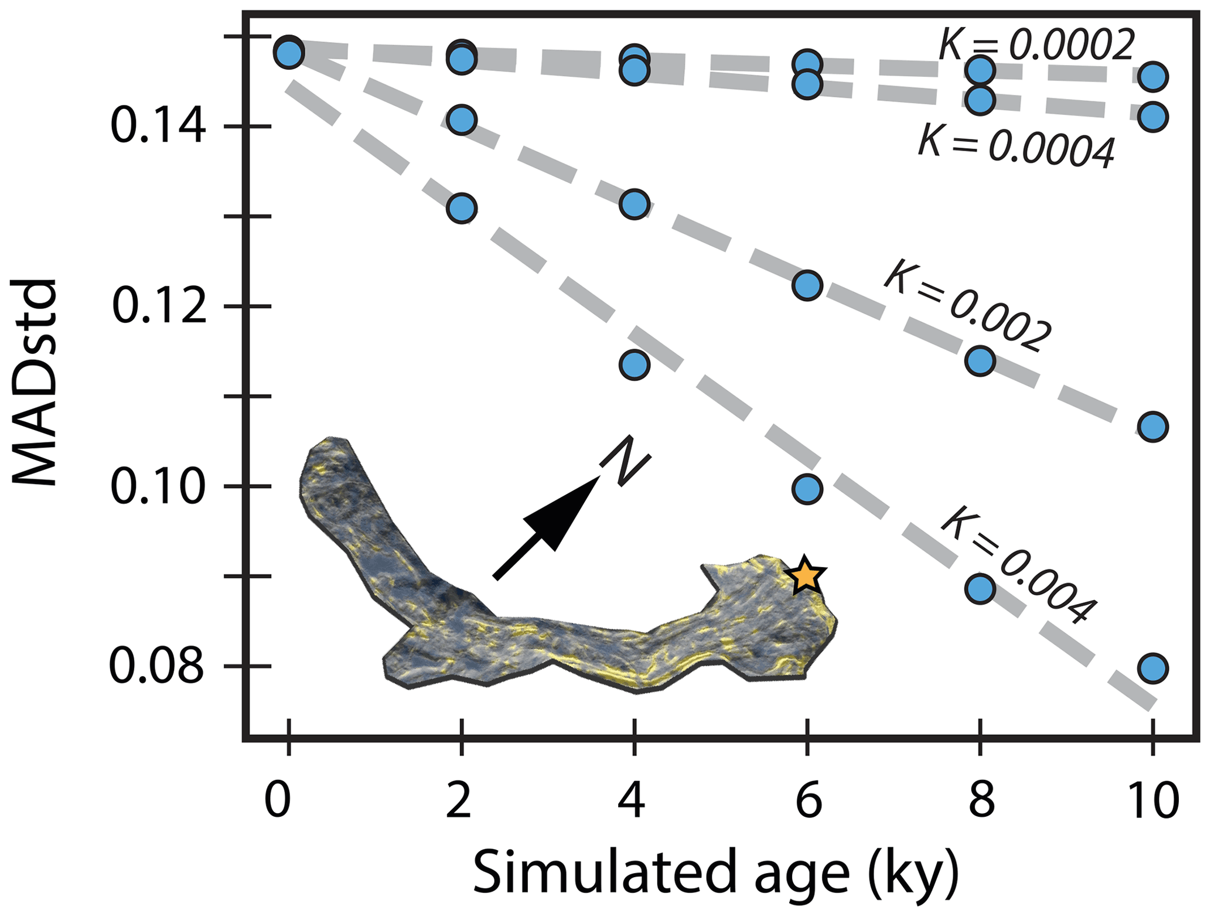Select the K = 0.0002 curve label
point(1036,44)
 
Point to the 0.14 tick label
point(158,126)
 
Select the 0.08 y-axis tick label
point(157,666)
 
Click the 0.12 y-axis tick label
point(159,306)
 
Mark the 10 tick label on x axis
point(1152,800)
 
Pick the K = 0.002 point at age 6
point(807,285)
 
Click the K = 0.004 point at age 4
point(635,364)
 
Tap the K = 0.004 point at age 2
point(462,208)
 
